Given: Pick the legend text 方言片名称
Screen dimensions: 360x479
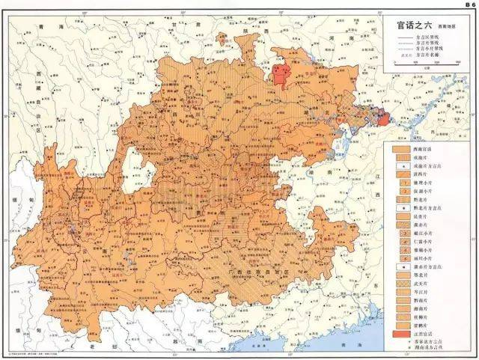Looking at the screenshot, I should (431, 55).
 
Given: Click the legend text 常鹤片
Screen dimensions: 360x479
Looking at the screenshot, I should (430, 326).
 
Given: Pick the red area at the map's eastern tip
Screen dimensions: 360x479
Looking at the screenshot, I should (383, 118).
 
